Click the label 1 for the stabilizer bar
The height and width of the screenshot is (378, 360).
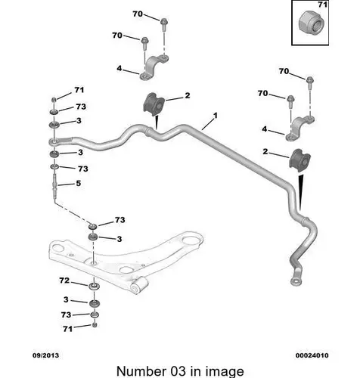pos(215,116)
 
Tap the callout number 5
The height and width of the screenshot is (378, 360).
pos(79,183)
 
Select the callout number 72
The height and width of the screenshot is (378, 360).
pos(64,280)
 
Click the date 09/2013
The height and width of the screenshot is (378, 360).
pos(45,355)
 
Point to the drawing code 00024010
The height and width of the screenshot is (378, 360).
pos(312,355)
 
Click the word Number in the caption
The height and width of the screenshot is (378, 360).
pos(141,371)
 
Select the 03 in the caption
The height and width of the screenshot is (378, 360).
pos(178,371)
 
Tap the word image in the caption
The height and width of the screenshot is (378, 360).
pos(225,372)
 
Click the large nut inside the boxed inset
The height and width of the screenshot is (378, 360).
pos(310,25)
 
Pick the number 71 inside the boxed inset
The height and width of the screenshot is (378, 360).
pos(322,5)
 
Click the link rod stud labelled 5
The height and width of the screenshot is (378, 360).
pos(55,186)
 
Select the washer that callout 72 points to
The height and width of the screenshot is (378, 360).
pos(94,287)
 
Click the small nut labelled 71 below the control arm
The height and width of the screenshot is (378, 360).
pos(95,324)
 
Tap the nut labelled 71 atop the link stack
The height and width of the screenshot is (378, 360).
pos(54,100)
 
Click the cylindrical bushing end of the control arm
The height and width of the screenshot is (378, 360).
pos(139,285)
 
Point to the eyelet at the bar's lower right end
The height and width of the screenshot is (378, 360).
pos(296,281)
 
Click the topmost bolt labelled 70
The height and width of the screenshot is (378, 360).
pos(163,22)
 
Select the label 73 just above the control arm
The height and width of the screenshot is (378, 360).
pos(120,220)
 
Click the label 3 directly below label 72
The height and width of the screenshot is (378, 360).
pos(66,299)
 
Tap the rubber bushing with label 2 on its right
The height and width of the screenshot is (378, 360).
pos(154,104)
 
